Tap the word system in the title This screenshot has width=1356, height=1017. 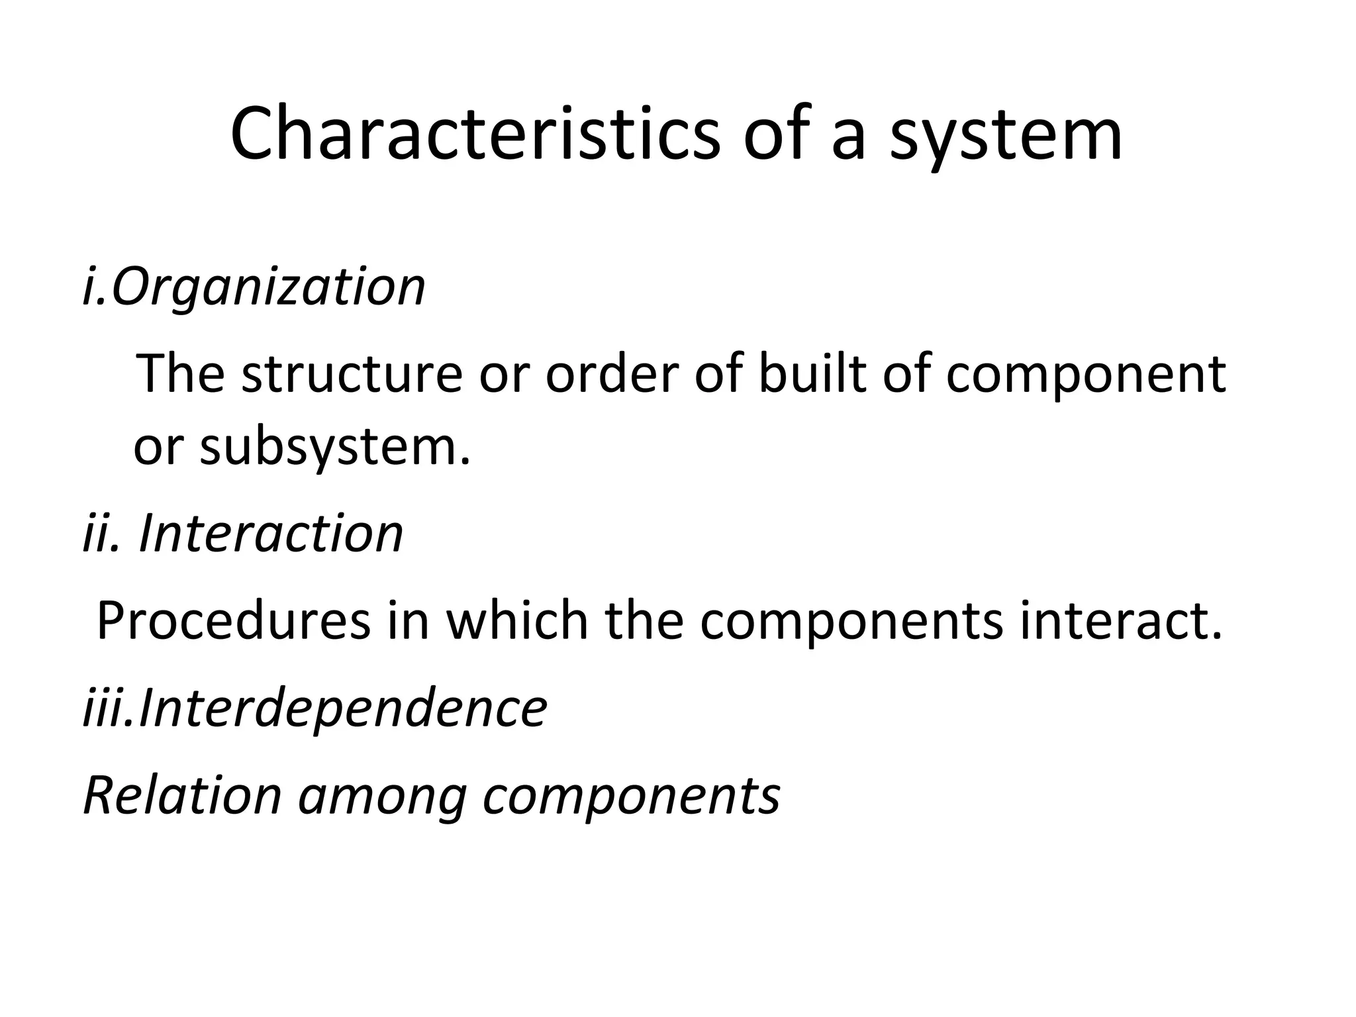tap(1006, 134)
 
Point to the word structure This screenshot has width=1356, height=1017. tap(352, 373)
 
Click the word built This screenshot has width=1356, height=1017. tap(811, 373)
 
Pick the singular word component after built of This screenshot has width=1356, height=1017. tap(1086, 373)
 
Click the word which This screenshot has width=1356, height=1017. tap(517, 620)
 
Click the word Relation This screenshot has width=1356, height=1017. tap(183, 795)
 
